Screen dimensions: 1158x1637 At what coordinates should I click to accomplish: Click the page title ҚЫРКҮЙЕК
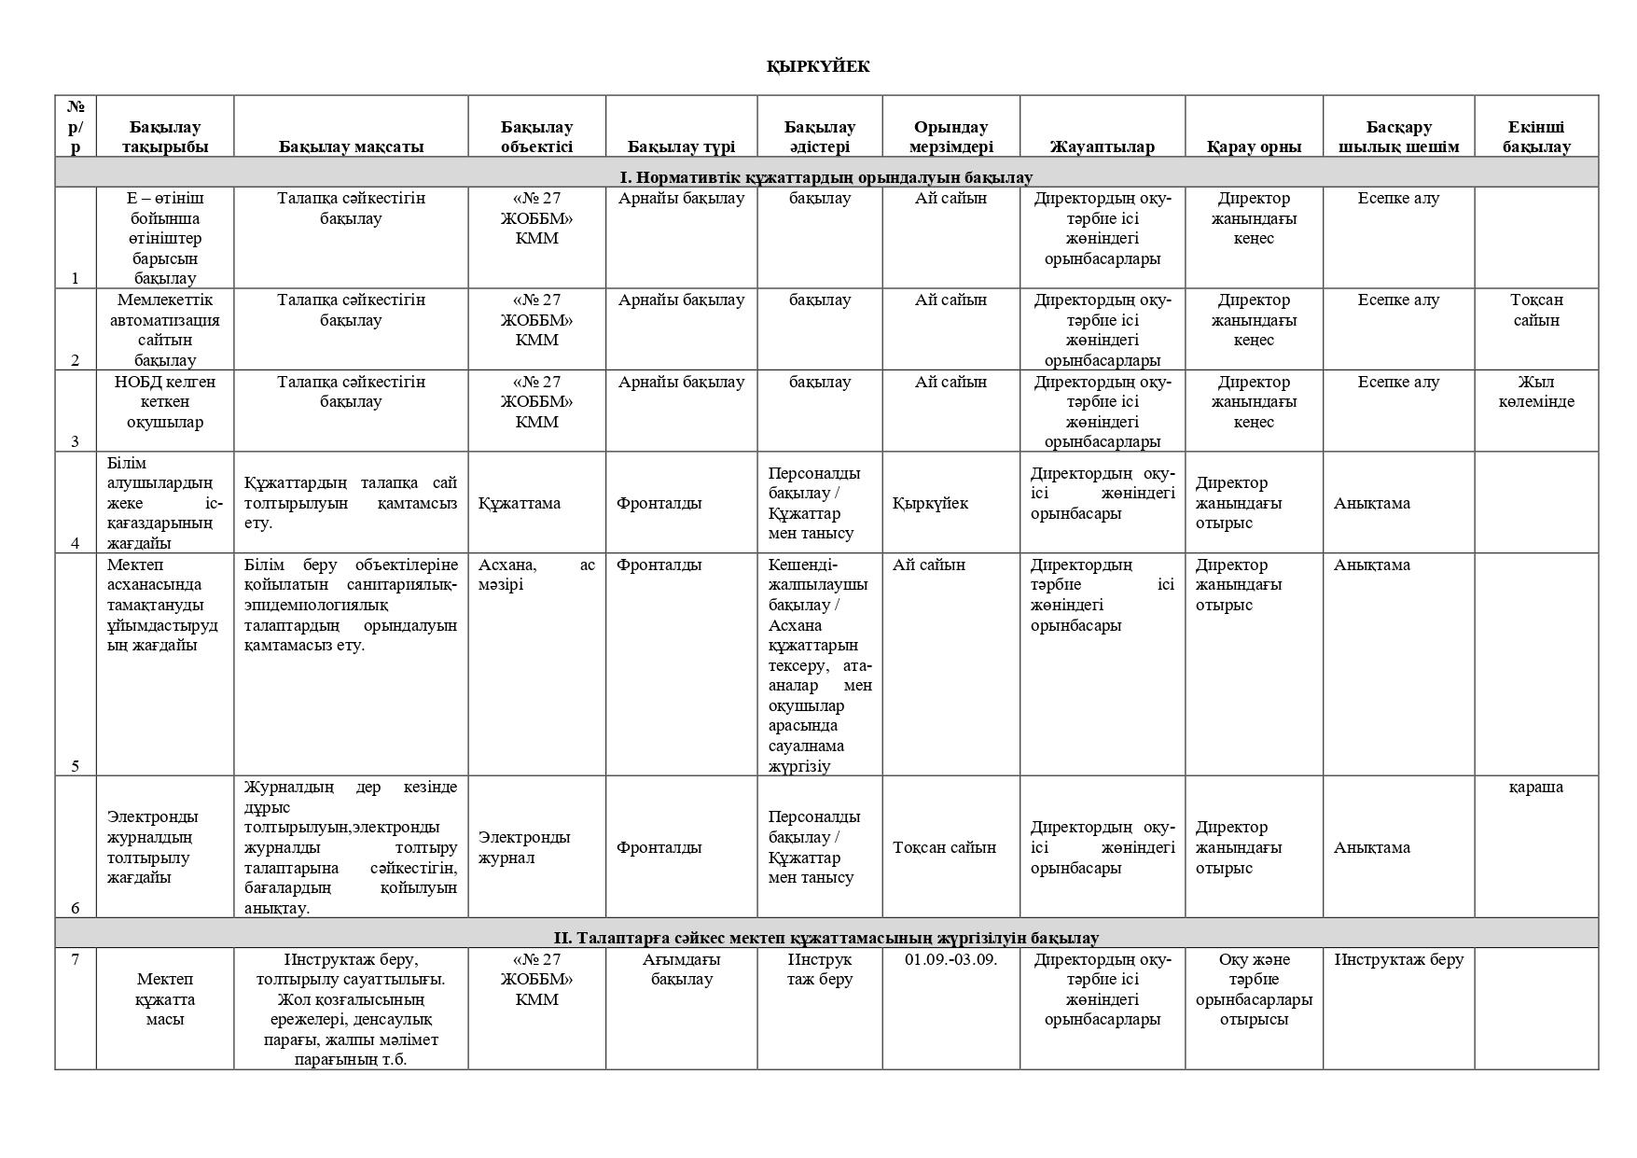(x=818, y=66)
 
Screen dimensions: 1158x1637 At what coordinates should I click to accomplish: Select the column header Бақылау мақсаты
(x=351, y=146)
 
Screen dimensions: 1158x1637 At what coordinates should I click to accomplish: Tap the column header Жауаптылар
(x=1102, y=146)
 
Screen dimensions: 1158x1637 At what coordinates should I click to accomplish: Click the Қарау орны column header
(x=1253, y=146)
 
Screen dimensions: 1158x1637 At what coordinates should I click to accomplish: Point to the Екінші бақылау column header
(x=1535, y=136)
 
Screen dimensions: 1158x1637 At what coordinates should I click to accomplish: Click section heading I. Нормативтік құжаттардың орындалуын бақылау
(x=825, y=176)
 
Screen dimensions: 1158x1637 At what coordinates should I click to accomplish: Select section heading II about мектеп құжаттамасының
(x=825, y=937)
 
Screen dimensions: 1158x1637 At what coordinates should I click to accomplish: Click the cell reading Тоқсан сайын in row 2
(x=1535, y=310)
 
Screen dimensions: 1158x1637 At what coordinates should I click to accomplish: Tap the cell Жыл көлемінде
(x=1535, y=392)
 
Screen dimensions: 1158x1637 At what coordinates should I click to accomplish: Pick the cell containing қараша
(x=1535, y=787)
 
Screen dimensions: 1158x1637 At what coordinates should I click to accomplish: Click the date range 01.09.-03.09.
(x=950, y=959)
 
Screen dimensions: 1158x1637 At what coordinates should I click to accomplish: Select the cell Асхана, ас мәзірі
(x=536, y=575)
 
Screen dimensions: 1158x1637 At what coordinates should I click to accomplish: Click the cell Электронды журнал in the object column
(x=524, y=847)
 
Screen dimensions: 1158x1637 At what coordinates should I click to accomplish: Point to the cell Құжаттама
(x=520, y=503)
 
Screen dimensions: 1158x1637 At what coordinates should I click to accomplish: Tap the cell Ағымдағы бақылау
(x=681, y=970)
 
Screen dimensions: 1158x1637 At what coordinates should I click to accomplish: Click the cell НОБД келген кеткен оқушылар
(x=165, y=401)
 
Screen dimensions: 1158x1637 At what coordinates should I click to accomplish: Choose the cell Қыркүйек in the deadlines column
(x=930, y=503)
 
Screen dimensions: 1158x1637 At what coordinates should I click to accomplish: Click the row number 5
(x=76, y=766)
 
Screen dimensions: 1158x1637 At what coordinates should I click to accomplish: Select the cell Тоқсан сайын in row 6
(x=944, y=847)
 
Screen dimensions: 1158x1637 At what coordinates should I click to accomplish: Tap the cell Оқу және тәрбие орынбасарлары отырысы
(x=1254, y=989)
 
